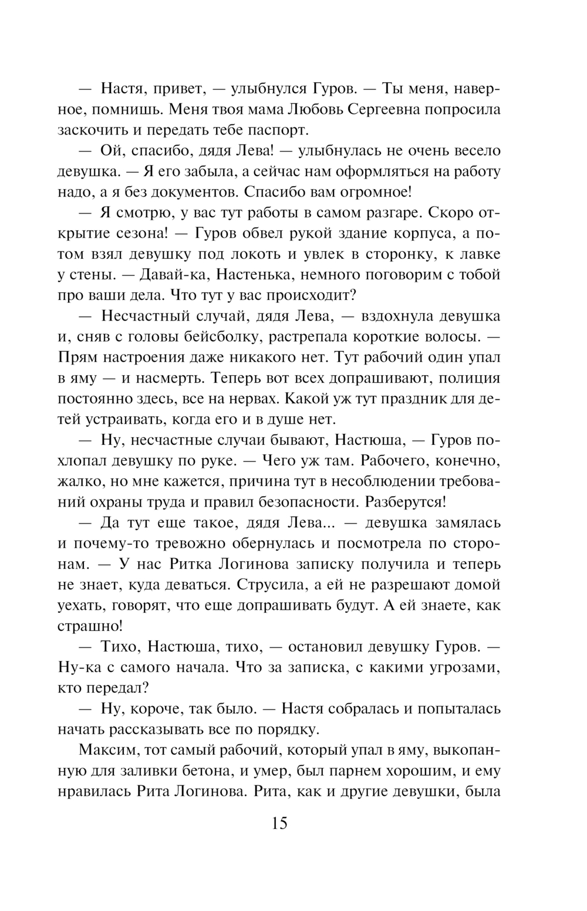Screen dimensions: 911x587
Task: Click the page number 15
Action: coord(279,823)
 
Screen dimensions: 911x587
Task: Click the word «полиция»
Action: coord(469,377)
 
